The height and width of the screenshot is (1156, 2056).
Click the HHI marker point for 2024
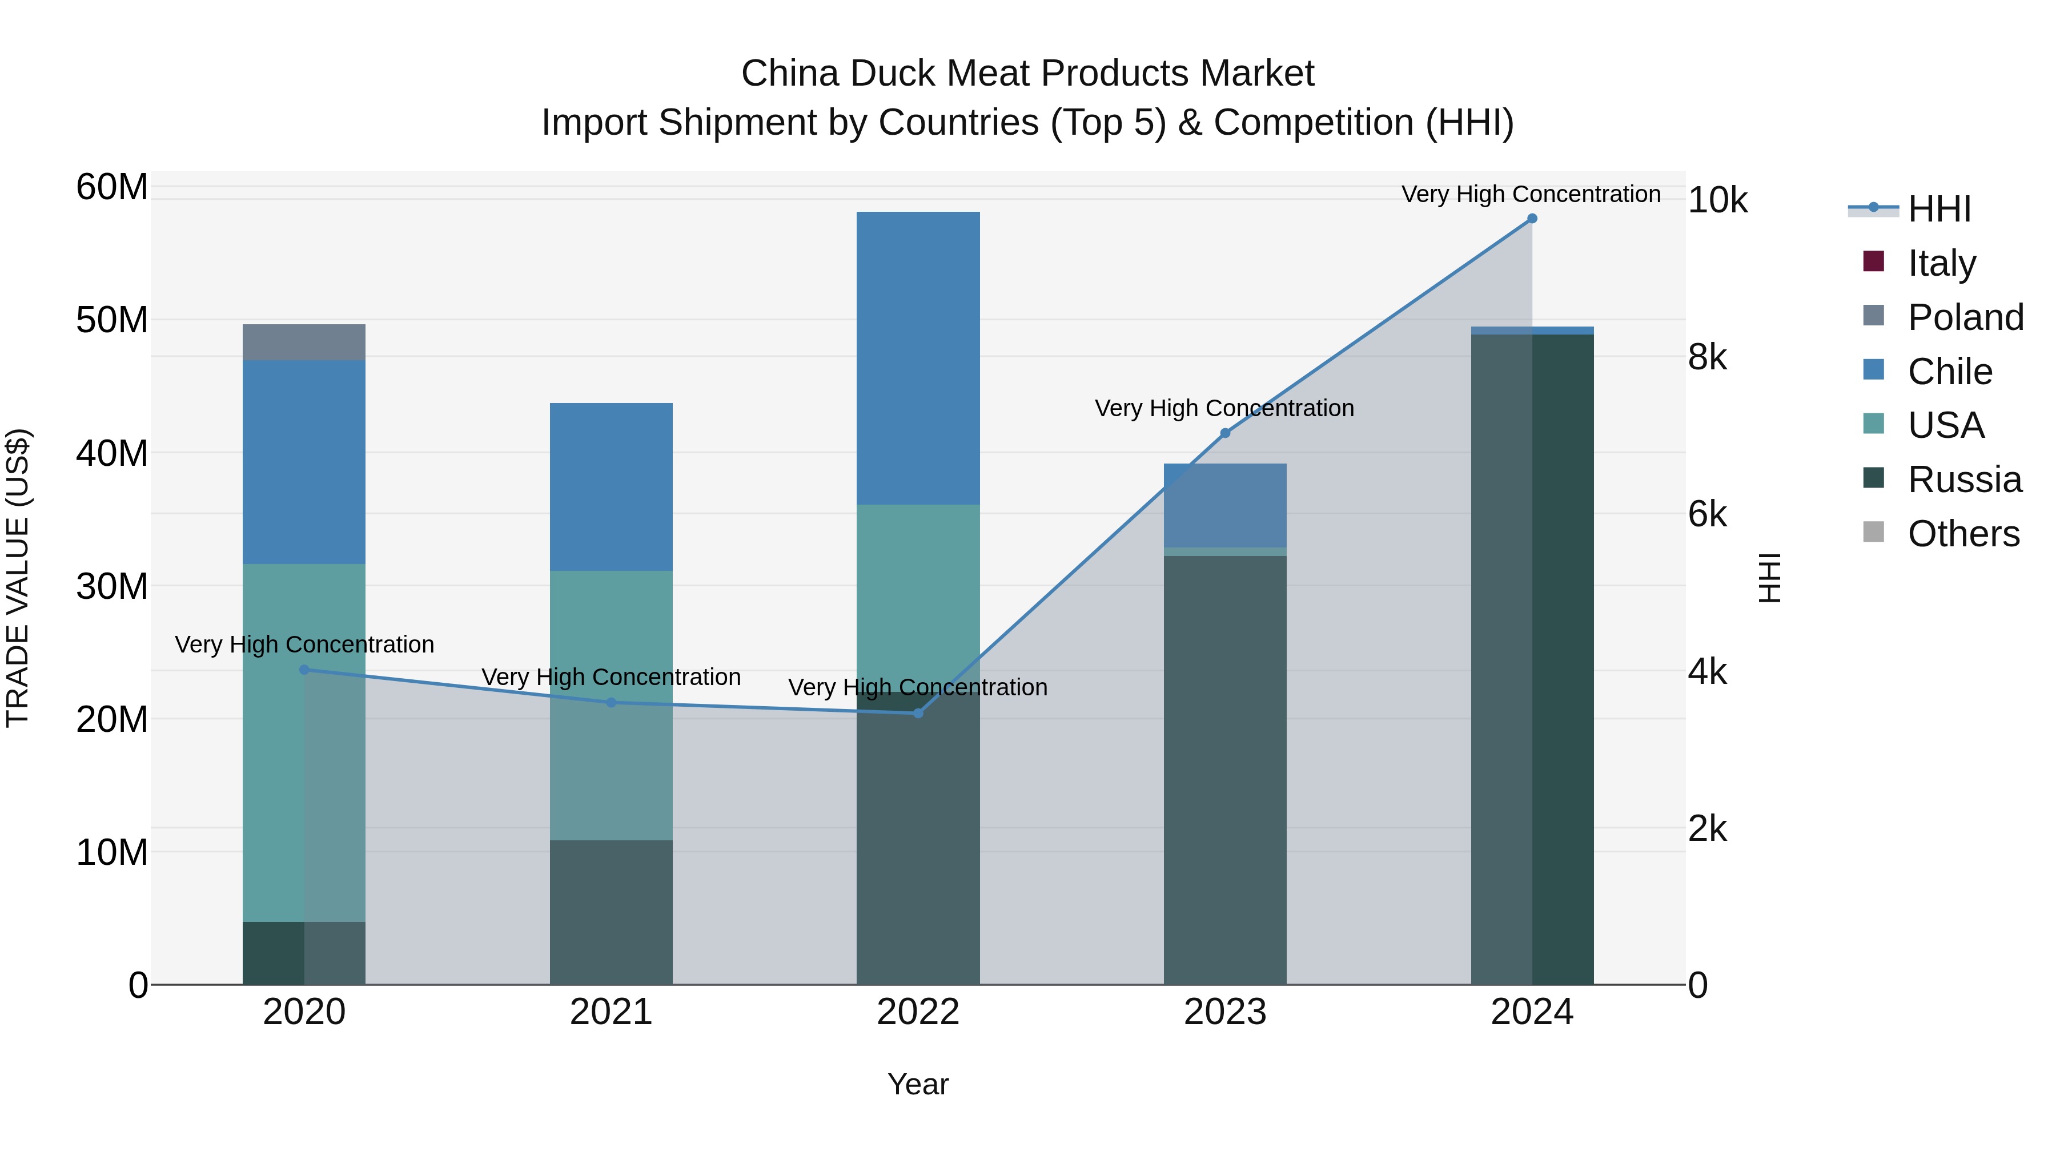(x=1532, y=219)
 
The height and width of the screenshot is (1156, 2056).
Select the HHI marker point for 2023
(x=1225, y=433)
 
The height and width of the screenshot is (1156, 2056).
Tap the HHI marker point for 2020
(x=304, y=670)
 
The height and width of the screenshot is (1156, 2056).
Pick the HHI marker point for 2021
(x=611, y=703)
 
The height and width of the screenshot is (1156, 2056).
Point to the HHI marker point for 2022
(x=918, y=713)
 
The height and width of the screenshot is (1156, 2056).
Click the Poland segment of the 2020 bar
(x=304, y=343)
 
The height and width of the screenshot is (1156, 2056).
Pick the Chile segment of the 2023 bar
(x=1225, y=506)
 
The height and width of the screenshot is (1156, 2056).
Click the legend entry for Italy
(x=1941, y=263)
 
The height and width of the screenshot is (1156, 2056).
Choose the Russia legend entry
(x=1963, y=480)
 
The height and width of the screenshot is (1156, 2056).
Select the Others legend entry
(x=1962, y=534)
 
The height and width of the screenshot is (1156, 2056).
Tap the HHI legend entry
(x=1939, y=209)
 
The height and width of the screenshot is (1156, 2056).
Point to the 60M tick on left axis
(x=112, y=187)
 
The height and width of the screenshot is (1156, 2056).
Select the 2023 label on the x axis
(x=1225, y=1012)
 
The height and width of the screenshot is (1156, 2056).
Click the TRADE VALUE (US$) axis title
(x=18, y=578)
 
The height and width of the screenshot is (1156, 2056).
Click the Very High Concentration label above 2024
(x=1531, y=194)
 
